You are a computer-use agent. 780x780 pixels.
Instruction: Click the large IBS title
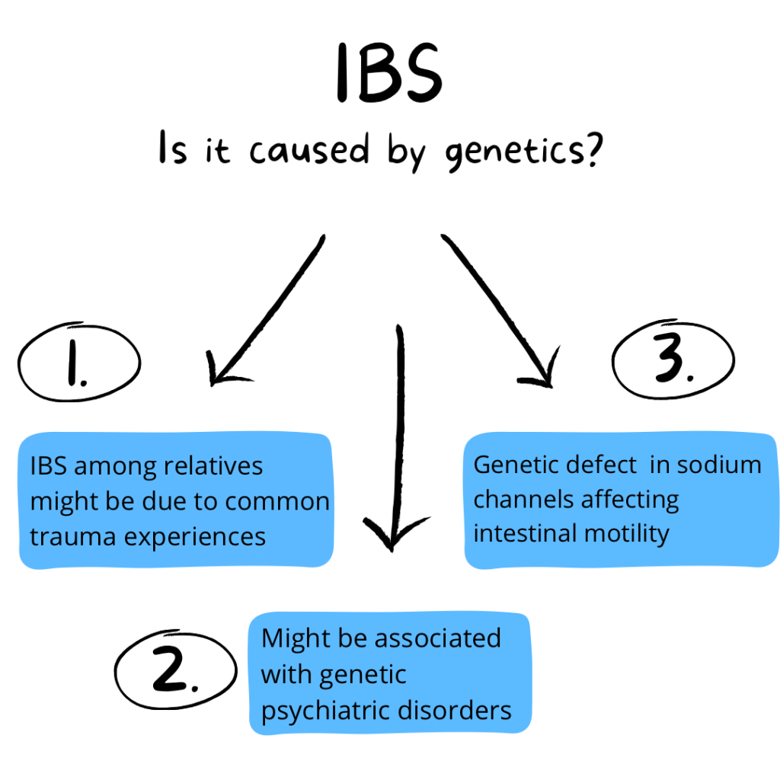click(388, 75)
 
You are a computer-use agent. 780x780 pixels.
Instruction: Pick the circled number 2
click(174, 670)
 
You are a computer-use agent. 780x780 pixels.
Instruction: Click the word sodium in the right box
click(721, 464)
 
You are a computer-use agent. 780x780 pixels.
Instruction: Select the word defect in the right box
click(599, 464)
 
